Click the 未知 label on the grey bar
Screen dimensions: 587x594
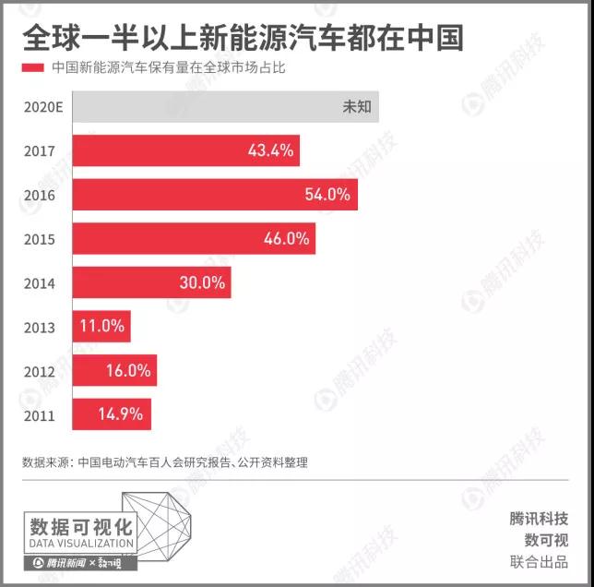pos(356,106)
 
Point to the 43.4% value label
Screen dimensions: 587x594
pos(270,150)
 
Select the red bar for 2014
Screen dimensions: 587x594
pos(151,283)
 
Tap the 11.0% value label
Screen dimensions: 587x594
pos(101,327)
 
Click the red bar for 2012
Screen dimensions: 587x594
pos(114,371)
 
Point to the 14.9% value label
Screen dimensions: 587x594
pos(121,414)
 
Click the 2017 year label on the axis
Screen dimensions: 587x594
pos(41,151)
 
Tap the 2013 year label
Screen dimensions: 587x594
pos(41,328)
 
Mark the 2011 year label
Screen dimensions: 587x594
pos(41,415)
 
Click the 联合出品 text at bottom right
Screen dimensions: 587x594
pos(539,562)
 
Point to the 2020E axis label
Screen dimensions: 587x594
pos(43,107)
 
